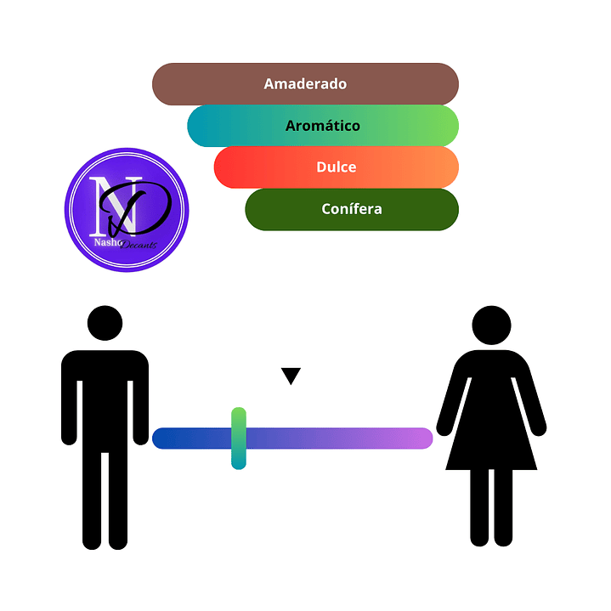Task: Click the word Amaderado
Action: [x=305, y=84]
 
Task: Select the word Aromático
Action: [x=323, y=126]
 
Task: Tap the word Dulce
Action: [x=337, y=167]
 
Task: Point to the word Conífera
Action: [x=352, y=209]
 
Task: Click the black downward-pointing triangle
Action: [x=291, y=375]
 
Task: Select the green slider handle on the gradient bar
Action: [x=239, y=438]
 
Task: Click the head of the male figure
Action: [x=105, y=323]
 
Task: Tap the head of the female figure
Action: [x=491, y=325]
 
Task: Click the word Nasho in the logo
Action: [x=107, y=242]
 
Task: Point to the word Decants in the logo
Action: [x=139, y=245]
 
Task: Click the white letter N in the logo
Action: [x=115, y=206]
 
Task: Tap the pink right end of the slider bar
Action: [x=423, y=438]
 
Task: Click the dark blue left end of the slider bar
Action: [x=162, y=438]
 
